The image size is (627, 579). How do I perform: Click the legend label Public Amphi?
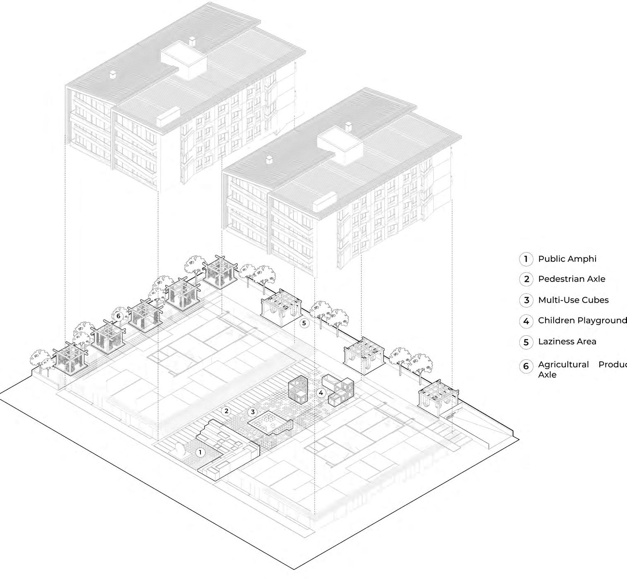point(567,259)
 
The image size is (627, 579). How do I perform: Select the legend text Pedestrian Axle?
point(572,279)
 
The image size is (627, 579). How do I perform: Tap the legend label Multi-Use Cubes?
point(573,300)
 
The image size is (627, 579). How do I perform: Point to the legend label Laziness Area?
point(567,342)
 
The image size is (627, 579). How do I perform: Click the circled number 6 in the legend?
point(526,366)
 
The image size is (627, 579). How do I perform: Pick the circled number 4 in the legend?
point(526,321)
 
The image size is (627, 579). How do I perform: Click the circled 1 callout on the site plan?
point(200,452)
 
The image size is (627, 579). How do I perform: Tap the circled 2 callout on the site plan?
point(226,411)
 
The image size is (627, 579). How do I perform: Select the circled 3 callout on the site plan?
point(253,412)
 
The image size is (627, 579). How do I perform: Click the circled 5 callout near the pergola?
point(305,322)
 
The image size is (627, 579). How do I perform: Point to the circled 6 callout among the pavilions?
point(118,316)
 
